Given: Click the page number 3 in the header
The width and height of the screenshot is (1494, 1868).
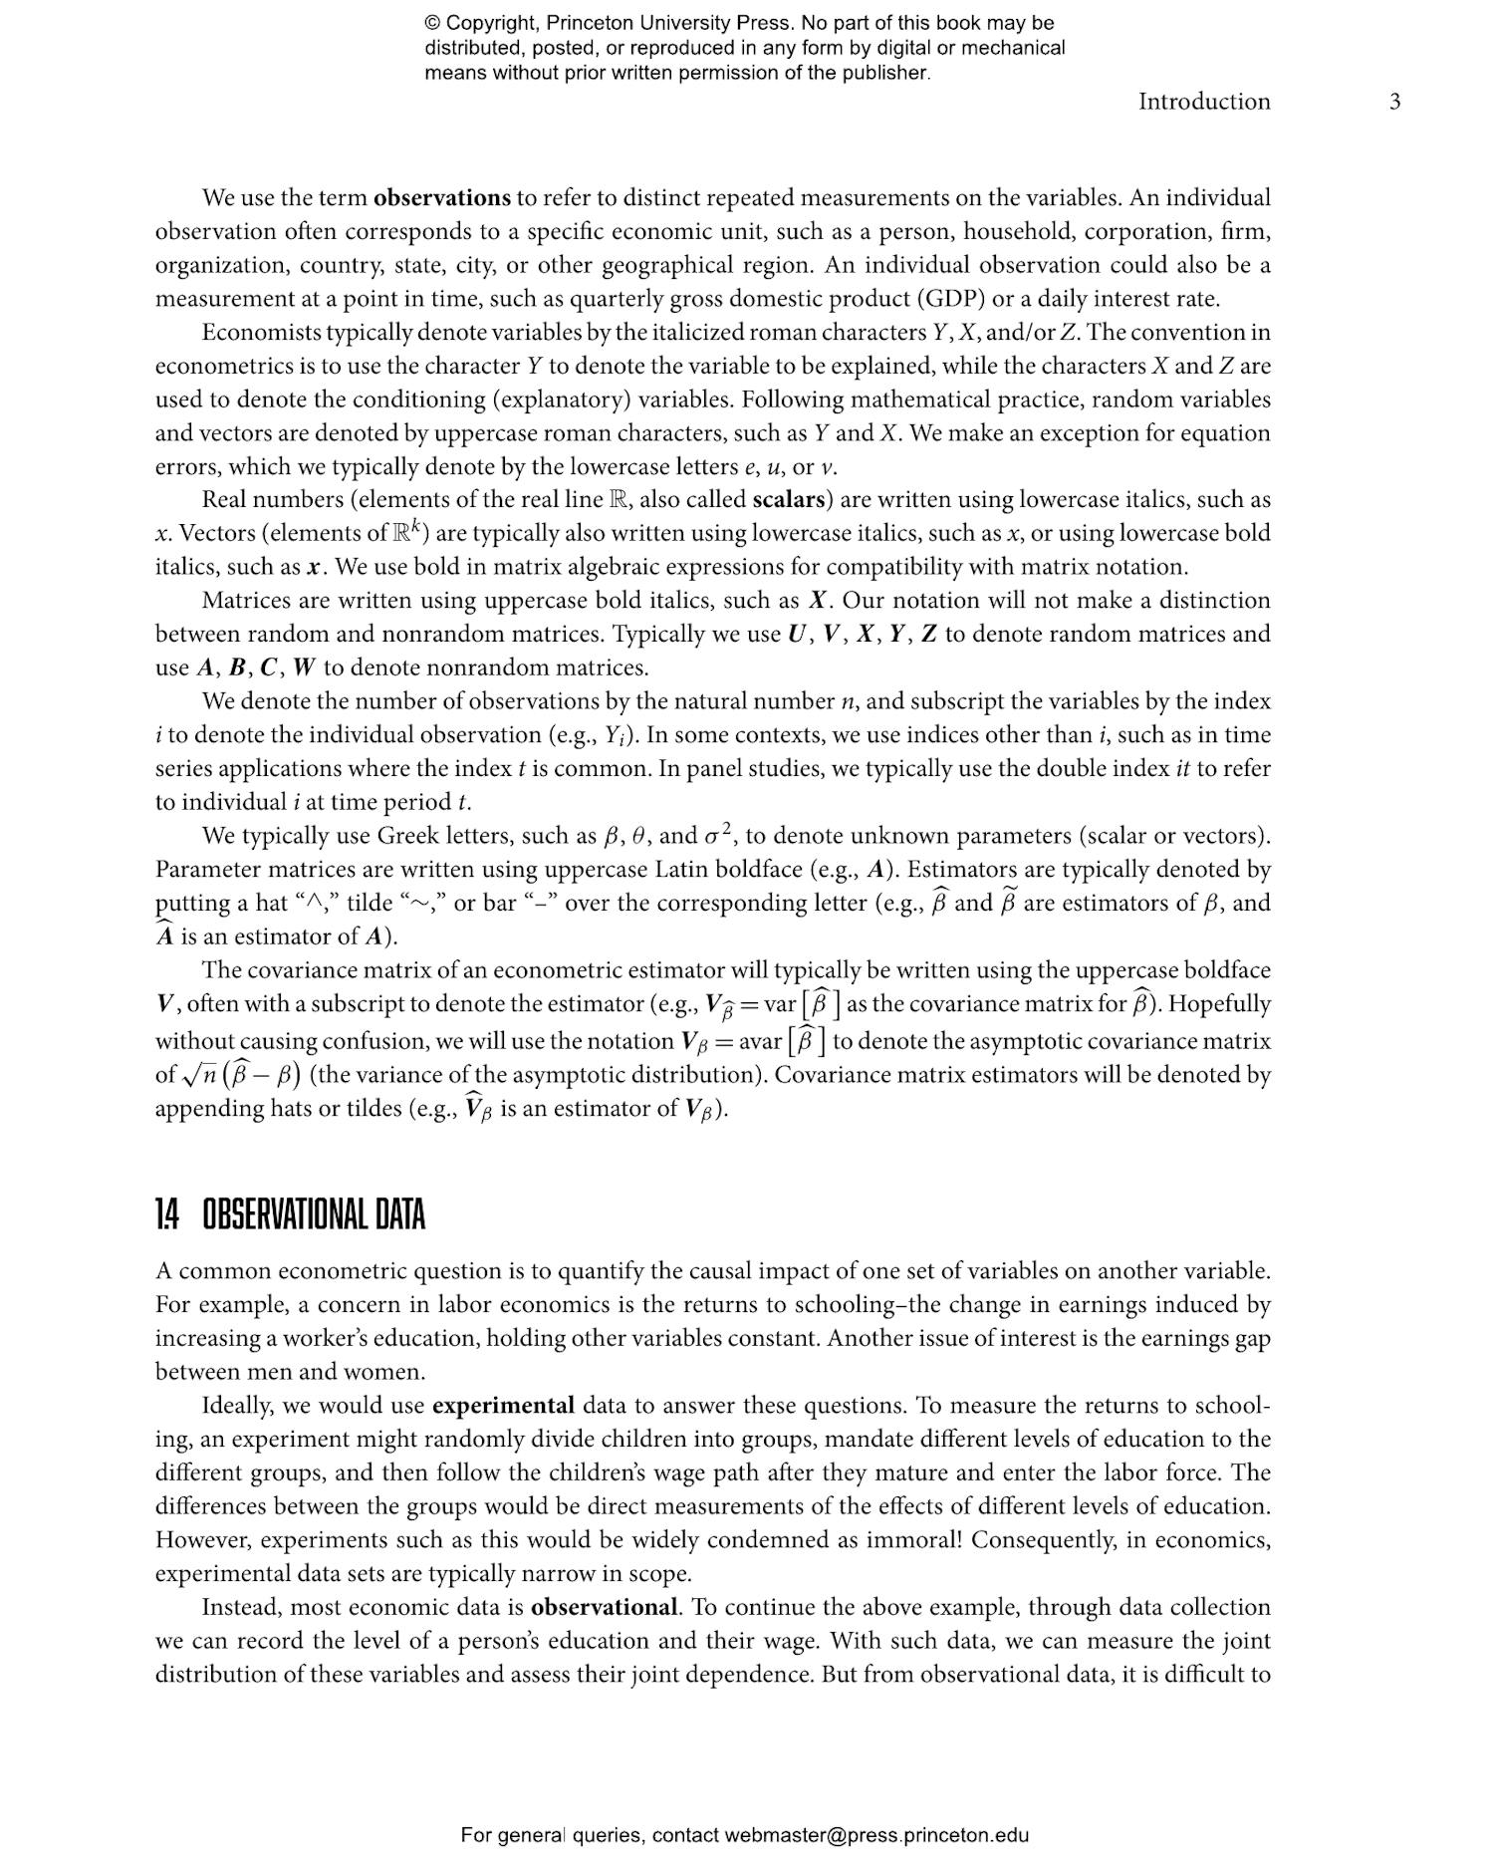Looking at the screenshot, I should [x=1394, y=102].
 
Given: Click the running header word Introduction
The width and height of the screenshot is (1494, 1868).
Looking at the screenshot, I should [x=1204, y=102].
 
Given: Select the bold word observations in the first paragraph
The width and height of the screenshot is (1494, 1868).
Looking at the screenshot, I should [x=441, y=197].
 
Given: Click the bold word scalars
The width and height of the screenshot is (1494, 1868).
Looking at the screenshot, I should [x=792, y=499].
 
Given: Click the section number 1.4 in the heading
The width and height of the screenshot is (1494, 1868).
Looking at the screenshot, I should [x=166, y=1215].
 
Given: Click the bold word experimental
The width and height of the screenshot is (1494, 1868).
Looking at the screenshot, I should [x=503, y=1406].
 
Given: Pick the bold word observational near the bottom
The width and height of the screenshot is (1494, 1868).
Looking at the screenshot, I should [x=604, y=1607].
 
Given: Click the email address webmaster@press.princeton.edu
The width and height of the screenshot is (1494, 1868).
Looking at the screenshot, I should [x=876, y=1835].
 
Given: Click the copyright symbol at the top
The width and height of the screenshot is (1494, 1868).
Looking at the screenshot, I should [x=432, y=23].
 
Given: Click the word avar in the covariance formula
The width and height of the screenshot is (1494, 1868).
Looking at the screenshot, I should [x=760, y=1042].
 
